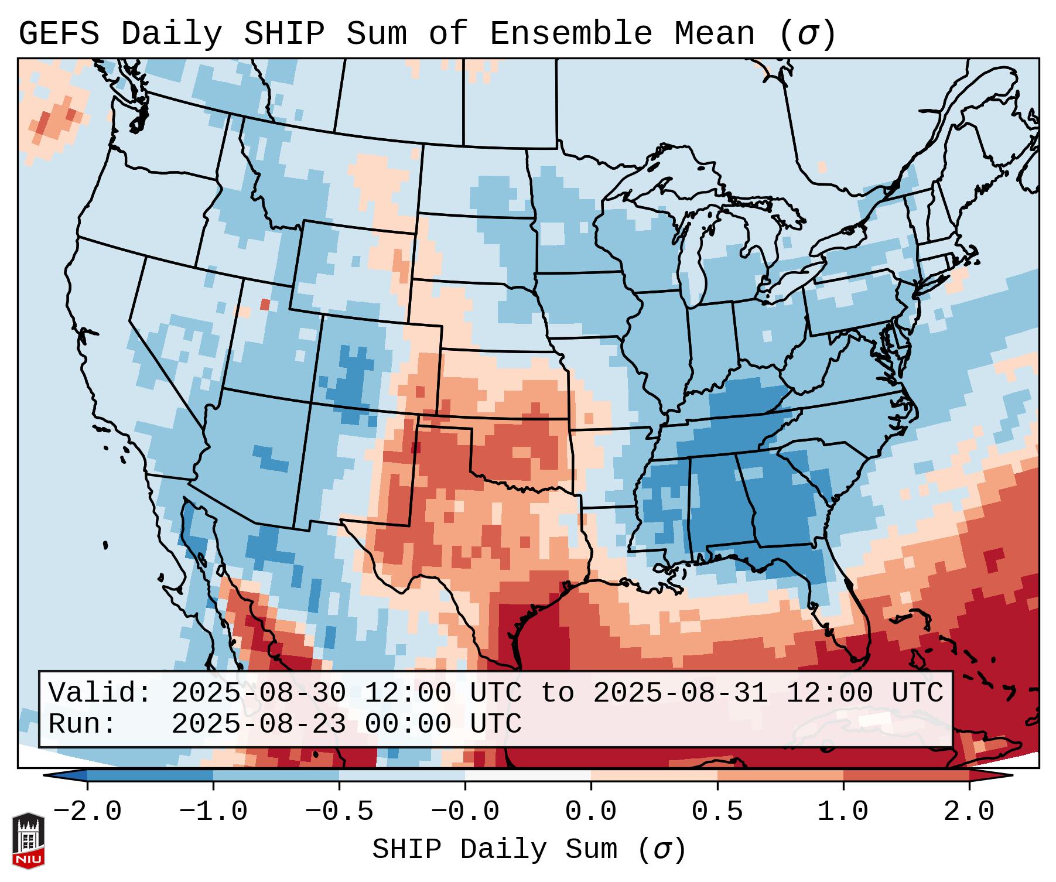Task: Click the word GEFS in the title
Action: click(59, 34)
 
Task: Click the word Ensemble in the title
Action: click(570, 34)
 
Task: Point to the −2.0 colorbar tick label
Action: click(87, 812)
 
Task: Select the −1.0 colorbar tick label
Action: click(213, 812)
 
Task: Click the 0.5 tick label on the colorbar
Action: click(717, 812)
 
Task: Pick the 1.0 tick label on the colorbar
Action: click(843, 812)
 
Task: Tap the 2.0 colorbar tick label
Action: click(969, 812)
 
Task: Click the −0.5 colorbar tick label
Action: click(339, 812)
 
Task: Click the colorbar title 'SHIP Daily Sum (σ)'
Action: click(528, 850)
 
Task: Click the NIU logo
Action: click(28, 841)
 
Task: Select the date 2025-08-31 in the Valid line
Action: click(681, 693)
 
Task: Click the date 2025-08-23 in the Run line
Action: click(258, 724)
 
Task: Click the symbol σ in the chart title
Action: click(808, 34)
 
